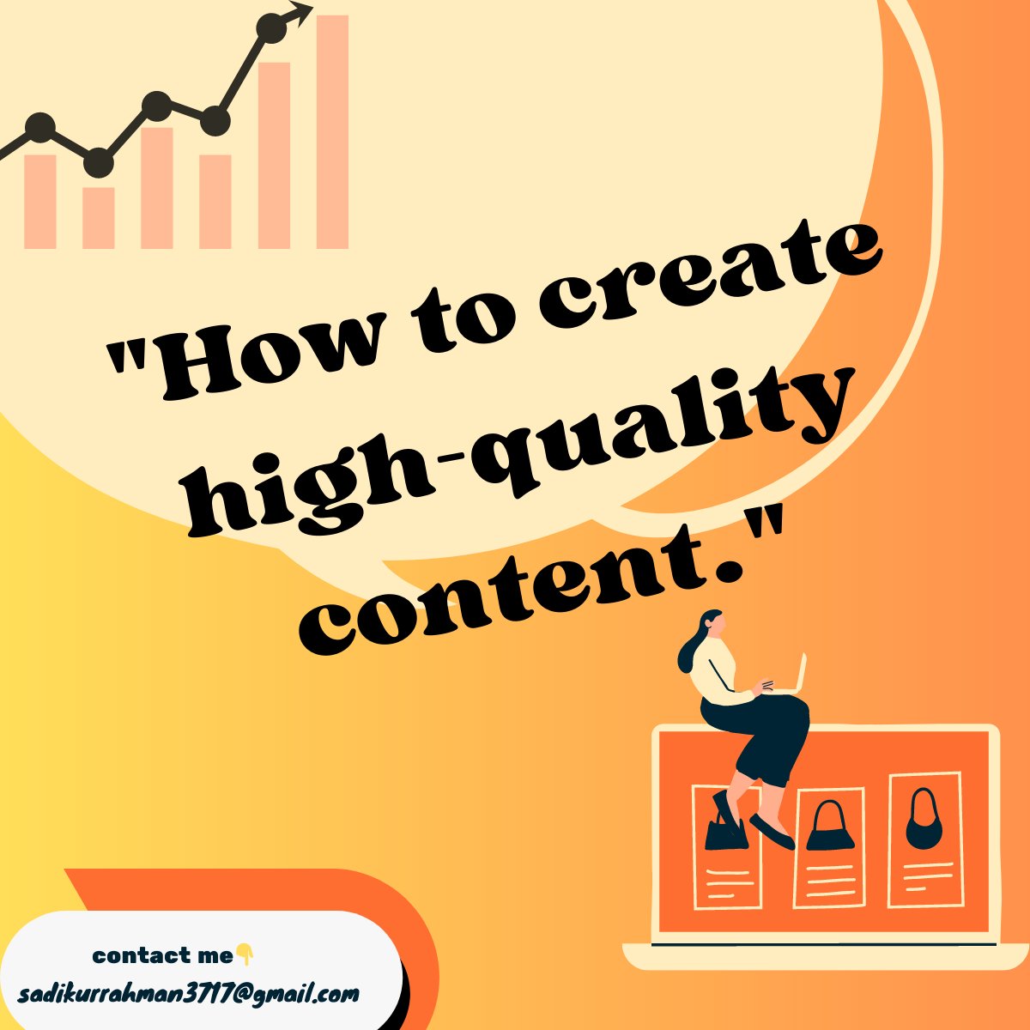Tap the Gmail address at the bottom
pos(188,995)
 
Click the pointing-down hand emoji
pos(245,954)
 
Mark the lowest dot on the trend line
pos(99,161)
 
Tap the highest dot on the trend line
pos(272,28)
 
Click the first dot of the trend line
pos(39,129)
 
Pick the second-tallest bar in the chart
pos(274,154)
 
